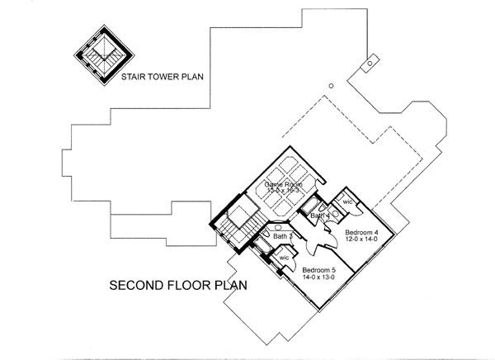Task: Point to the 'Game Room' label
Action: point(280,185)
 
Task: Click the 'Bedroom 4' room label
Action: point(361,232)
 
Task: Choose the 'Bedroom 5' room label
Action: point(318,270)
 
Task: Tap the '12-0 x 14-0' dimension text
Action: point(361,240)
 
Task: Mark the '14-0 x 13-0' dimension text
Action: point(318,278)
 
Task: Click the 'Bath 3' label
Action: point(283,237)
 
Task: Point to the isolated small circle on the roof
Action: point(331,84)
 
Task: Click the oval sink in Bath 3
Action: point(278,227)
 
